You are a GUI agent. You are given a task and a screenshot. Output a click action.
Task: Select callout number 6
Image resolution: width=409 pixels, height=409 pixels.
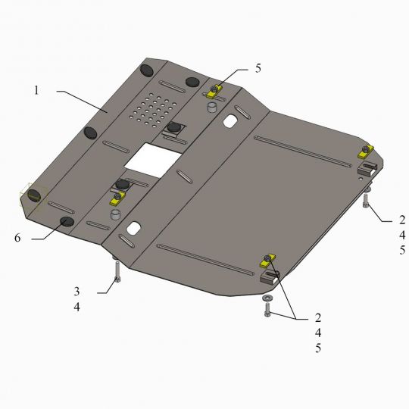[16, 237]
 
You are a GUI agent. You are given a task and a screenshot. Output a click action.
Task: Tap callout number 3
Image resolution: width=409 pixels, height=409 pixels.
[77, 291]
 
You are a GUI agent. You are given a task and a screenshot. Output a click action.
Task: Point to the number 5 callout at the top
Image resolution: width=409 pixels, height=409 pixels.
[258, 68]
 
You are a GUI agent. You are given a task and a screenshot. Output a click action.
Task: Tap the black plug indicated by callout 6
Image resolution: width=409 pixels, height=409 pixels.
[67, 222]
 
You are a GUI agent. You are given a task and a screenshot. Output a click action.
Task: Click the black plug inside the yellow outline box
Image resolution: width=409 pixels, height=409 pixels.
[33, 196]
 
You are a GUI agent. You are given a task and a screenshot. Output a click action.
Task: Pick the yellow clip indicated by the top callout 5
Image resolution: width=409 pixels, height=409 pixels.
[215, 92]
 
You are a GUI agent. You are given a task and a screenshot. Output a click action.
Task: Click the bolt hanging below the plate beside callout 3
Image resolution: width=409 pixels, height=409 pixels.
[117, 280]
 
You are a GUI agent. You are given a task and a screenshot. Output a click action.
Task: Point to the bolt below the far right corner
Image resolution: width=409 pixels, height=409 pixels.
[366, 201]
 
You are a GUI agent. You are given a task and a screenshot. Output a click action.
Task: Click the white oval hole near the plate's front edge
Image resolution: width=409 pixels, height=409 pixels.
[135, 228]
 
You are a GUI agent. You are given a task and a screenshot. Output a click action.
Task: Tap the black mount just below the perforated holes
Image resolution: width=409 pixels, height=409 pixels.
[175, 127]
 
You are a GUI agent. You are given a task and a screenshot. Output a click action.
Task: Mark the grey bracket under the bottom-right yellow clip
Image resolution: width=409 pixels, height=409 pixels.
[271, 276]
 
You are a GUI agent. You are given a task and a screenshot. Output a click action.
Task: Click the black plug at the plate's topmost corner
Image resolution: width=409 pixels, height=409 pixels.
[148, 70]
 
